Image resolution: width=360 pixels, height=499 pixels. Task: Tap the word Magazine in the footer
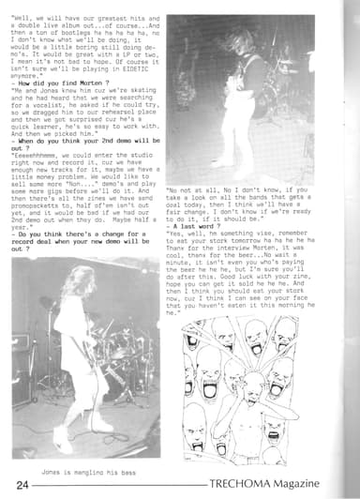coord(324,484)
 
